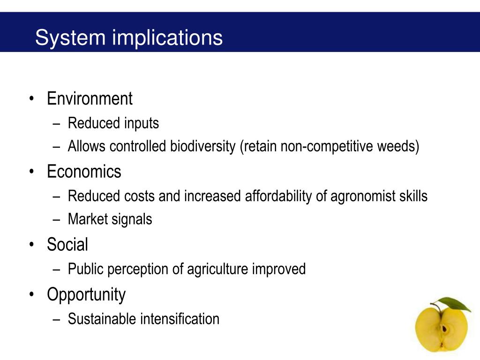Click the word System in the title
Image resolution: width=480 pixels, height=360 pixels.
(70, 37)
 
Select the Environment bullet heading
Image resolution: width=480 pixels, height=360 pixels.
(90, 99)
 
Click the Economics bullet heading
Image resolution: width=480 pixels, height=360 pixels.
(84, 172)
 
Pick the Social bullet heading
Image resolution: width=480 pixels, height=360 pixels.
(67, 245)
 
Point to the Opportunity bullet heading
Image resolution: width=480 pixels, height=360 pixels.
(86, 294)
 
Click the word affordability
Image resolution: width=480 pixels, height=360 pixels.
(276, 196)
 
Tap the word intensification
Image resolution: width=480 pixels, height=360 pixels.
(180, 319)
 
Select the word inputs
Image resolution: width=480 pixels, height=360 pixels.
(142, 123)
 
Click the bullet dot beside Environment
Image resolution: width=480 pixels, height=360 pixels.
(31, 99)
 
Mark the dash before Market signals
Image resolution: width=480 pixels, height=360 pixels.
(57, 219)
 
